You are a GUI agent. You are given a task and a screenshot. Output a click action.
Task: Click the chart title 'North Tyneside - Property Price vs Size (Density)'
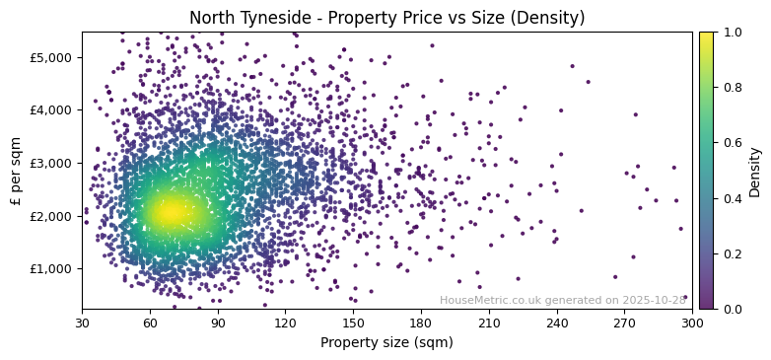[386, 18]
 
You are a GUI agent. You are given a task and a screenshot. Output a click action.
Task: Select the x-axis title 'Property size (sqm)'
[386, 343]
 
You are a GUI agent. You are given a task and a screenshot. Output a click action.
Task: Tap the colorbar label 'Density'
[755, 171]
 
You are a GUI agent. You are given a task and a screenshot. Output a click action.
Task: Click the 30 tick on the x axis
[82, 323]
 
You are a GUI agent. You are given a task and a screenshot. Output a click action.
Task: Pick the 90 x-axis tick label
[218, 323]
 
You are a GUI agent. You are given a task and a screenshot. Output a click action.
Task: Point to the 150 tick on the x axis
[353, 323]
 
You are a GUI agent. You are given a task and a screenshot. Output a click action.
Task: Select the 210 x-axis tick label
[489, 323]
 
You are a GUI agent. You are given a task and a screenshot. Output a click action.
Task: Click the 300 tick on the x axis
[692, 323]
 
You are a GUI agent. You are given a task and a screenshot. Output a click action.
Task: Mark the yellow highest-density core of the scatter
[169, 211]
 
